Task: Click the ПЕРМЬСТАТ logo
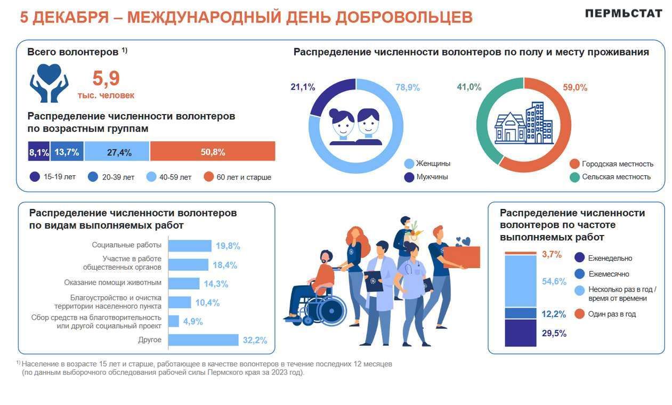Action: tap(623, 14)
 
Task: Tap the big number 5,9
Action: tap(106, 79)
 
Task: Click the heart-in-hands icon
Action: tap(49, 83)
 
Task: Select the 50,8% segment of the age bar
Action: tap(213, 152)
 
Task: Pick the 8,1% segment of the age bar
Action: tap(39, 152)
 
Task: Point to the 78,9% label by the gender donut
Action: tap(408, 88)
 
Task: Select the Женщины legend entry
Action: tap(427, 164)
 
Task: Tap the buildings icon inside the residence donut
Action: tap(523, 124)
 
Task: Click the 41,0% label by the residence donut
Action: tap(469, 87)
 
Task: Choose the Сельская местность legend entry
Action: tap(610, 177)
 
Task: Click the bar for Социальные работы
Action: tap(190, 246)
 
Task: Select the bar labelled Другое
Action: tap(203, 340)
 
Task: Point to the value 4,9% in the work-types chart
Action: tap(193, 321)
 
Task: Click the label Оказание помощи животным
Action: tap(112, 282)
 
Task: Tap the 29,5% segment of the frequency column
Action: tap(520, 333)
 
